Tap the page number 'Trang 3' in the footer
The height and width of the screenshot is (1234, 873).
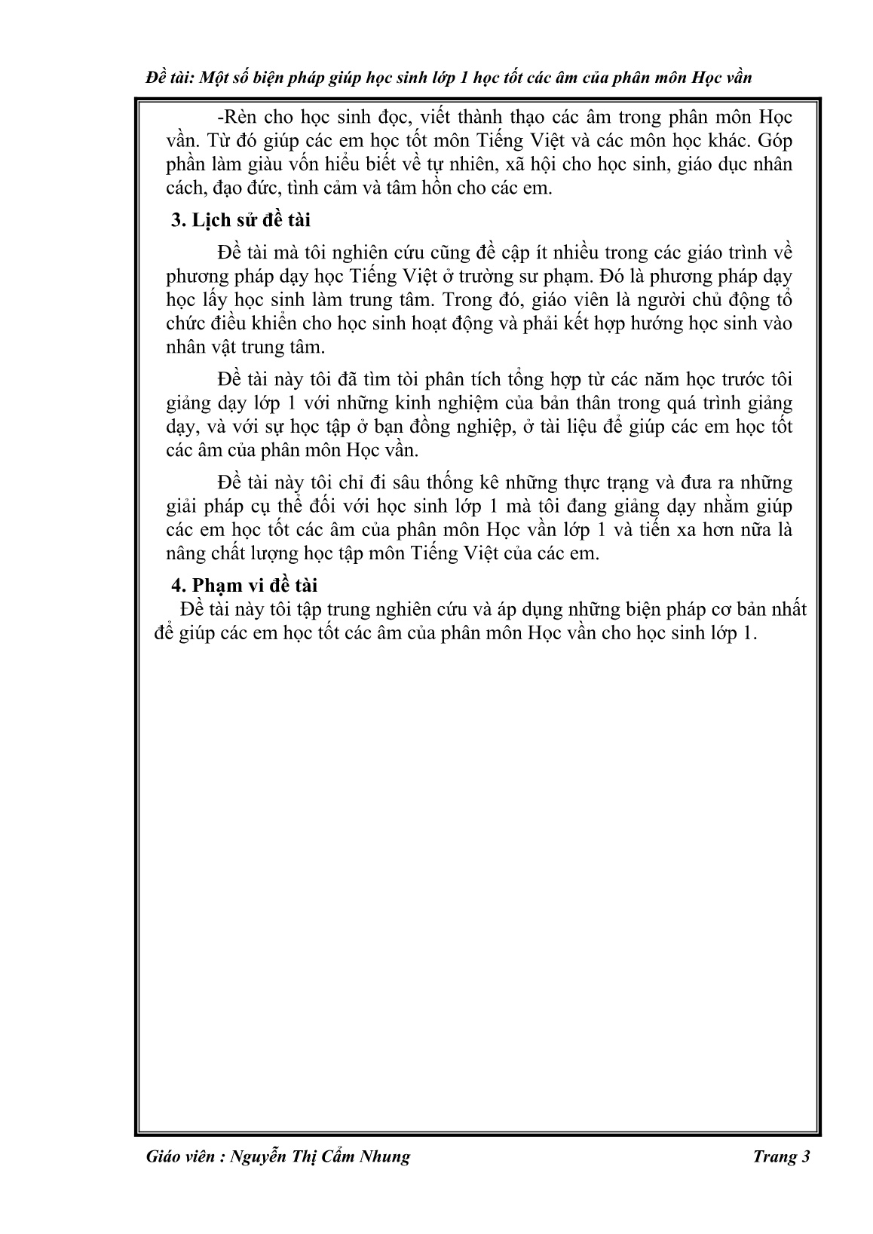(x=781, y=1157)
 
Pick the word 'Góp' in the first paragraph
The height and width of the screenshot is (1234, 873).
(x=776, y=141)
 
